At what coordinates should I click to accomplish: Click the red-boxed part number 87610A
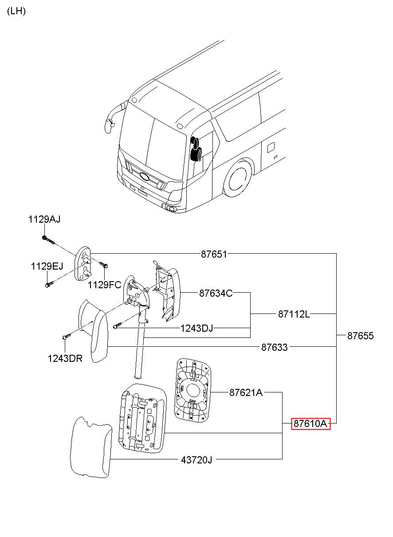pyautogui.click(x=310, y=423)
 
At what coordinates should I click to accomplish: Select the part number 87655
pyautogui.click(x=360, y=336)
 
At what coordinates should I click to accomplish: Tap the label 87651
pyautogui.click(x=214, y=254)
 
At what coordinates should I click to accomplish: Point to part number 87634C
pyautogui.click(x=216, y=293)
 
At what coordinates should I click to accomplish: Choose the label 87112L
pyautogui.click(x=294, y=314)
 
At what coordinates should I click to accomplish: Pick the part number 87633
pyautogui.click(x=274, y=347)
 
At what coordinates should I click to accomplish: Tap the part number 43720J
pyautogui.click(x=196, y=460)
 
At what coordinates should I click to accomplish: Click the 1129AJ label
pyautogui.click(x=44, y=220)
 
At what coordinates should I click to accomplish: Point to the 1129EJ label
pyautogui.click(x=47, y=267)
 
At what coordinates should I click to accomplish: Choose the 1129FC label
pyautogui.click(x=105, y=285)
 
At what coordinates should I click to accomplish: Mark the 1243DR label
pyautogui.click(x=65, y=359)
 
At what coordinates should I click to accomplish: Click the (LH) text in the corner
pyautogui.click(x=16, y=11)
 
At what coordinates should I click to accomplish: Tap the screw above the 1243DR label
pyautogui.click(x=66, y=336)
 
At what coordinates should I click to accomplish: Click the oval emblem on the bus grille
pyautogui.click(x=145, y=176)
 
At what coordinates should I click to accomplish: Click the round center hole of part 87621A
pyautogui.click(x=193, y=391)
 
